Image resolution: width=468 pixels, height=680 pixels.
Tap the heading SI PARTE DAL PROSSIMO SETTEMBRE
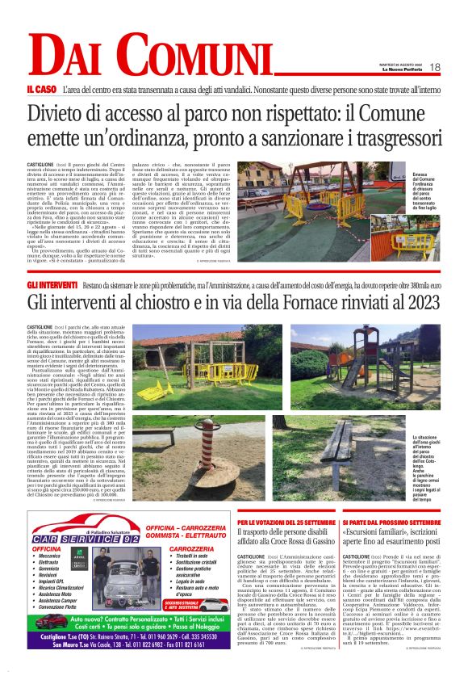391,524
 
